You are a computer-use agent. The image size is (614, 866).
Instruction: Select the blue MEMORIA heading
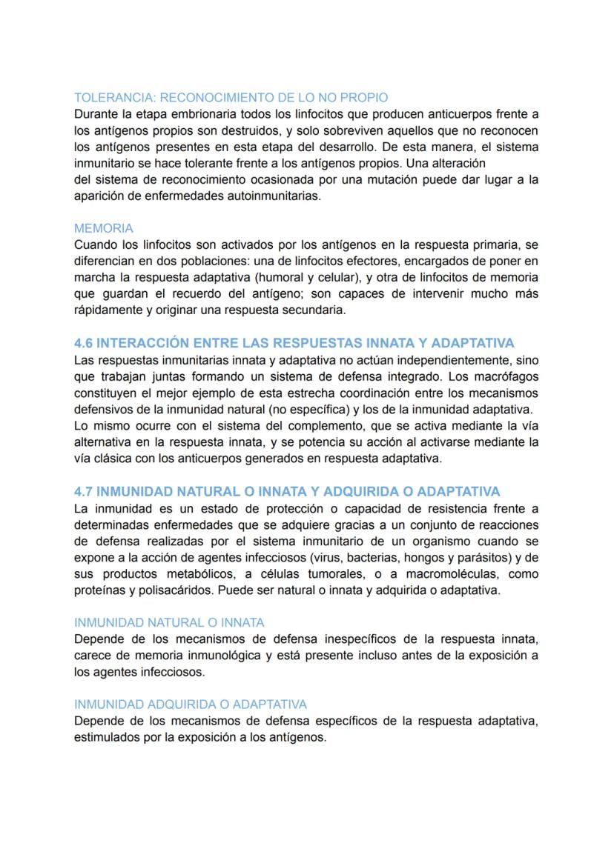coord(104,228)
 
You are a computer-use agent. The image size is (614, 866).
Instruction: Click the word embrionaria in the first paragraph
coord(179,114)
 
